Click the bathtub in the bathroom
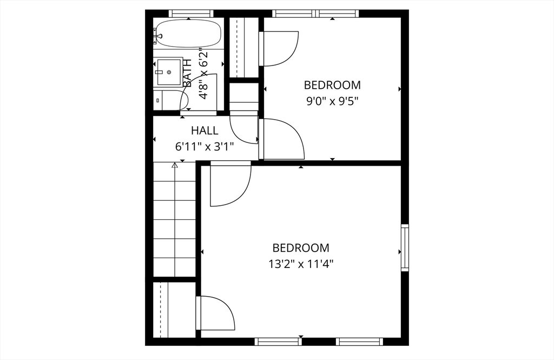pyautogui.click(x=188, y=33)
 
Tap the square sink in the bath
pyautogui.click(x=169, y=72)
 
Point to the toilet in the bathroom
pyautogui.click(x=172, y=100)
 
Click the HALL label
pyautogui.click(x=205, y=130)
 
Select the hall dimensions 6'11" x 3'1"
pyautogui.click(x=205, y=146)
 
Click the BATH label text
pyautogui.click(x=187, y=74)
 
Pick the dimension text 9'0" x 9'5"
pyautogui.click(x=332, y=101)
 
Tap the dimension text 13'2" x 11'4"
pyautogui.click(x=301, y=264)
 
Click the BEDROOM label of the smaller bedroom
pyautogui.click(x=332, y=85)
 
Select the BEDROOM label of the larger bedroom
pyautogui.click(x=301, y=248)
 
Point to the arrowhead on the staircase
pyautogui.click(x=175, y=165)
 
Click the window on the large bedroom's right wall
pyautogui.click(x=404, y=247)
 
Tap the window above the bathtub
pyautogui.click(x=190, y=14)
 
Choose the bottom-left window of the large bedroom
pyautogui.click(x=278, y=341)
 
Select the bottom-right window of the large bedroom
pyautogui.click(x=359, y=341)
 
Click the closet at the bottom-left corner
pyautogui.click(x=174, y=310)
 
